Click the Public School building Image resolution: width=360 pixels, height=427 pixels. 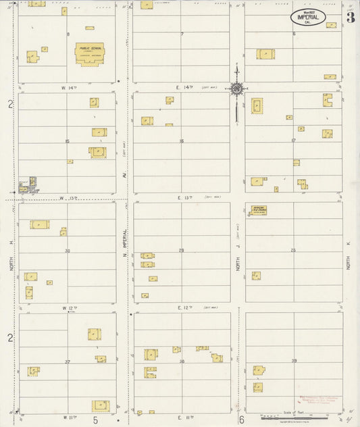point(89,54)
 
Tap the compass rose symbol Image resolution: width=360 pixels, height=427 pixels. point(237,88)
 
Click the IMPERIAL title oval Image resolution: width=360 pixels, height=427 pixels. point(308,17)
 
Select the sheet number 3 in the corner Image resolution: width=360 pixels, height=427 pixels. point(350,18)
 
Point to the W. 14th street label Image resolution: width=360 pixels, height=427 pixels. point(70,88)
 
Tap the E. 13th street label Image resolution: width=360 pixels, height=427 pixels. point(185,198)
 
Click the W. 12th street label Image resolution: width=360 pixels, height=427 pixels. point(69,307)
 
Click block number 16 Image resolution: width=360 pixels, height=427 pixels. point(181,141)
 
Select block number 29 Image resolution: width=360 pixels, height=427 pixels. point(181,251)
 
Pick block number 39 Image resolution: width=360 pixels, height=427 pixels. point(294,361)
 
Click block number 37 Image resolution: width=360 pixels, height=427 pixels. point(68,361)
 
